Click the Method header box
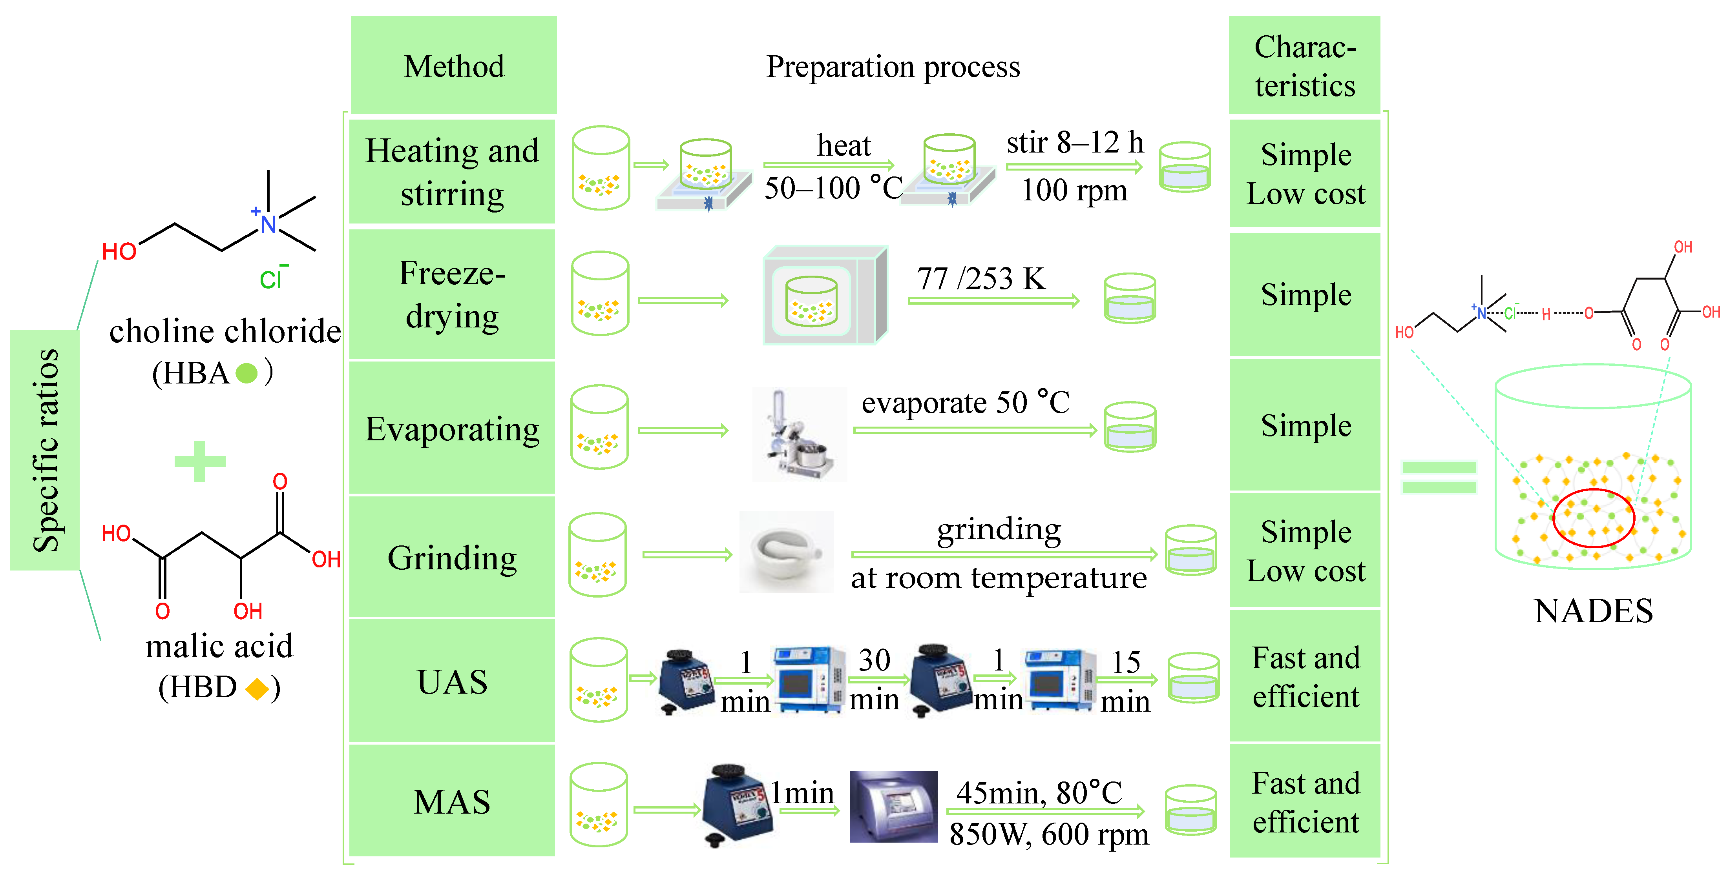[454, 66]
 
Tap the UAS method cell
[453, 681]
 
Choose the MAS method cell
[453, 801]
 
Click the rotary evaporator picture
[799, 435]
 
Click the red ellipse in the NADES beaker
[1593, 518]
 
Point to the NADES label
[1593, 611]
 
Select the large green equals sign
[1439, 477]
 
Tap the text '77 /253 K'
[980, 278]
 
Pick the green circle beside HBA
[246, 373]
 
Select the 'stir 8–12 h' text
[1075, 142]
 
